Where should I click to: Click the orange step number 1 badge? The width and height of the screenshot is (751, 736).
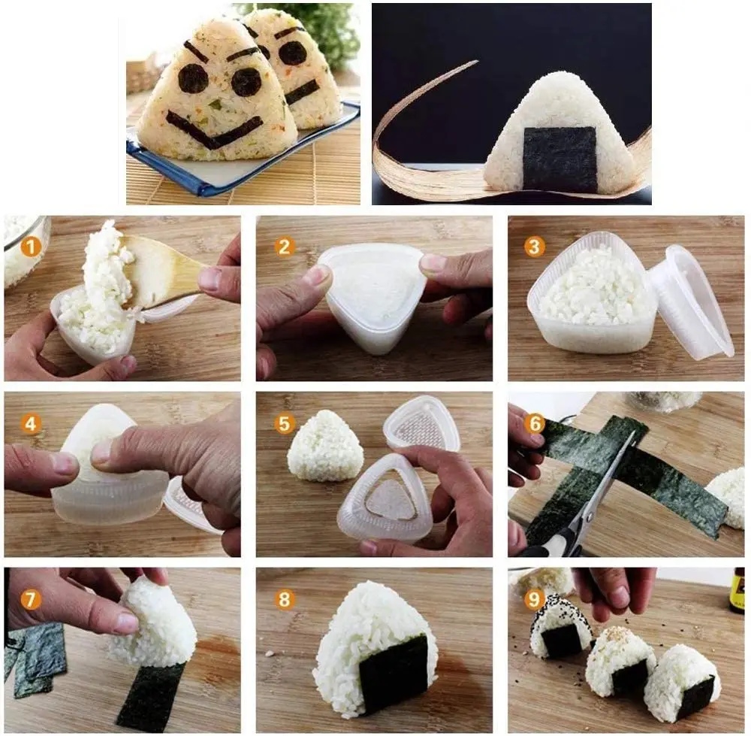click(31, 247)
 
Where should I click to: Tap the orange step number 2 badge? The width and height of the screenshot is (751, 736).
click(284, 247)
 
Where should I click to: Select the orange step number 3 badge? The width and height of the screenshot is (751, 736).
click(535, 247)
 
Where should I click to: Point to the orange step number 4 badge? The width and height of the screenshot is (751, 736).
click(31, 423)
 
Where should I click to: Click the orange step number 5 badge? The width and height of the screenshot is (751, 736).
click(284, 423)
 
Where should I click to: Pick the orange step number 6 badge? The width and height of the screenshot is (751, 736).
click(535, 423)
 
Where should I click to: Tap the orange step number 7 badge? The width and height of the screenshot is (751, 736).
click(31, 599)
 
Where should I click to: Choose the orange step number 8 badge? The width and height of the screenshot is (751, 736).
click(284, 599)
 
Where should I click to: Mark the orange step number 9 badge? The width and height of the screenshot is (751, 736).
click(535, 599)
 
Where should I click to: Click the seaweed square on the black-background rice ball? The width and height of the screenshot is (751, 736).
click(560, 158)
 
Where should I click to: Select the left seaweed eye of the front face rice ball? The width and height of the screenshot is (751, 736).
click(194, 78)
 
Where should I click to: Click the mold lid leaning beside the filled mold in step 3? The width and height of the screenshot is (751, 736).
click(689, 301)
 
